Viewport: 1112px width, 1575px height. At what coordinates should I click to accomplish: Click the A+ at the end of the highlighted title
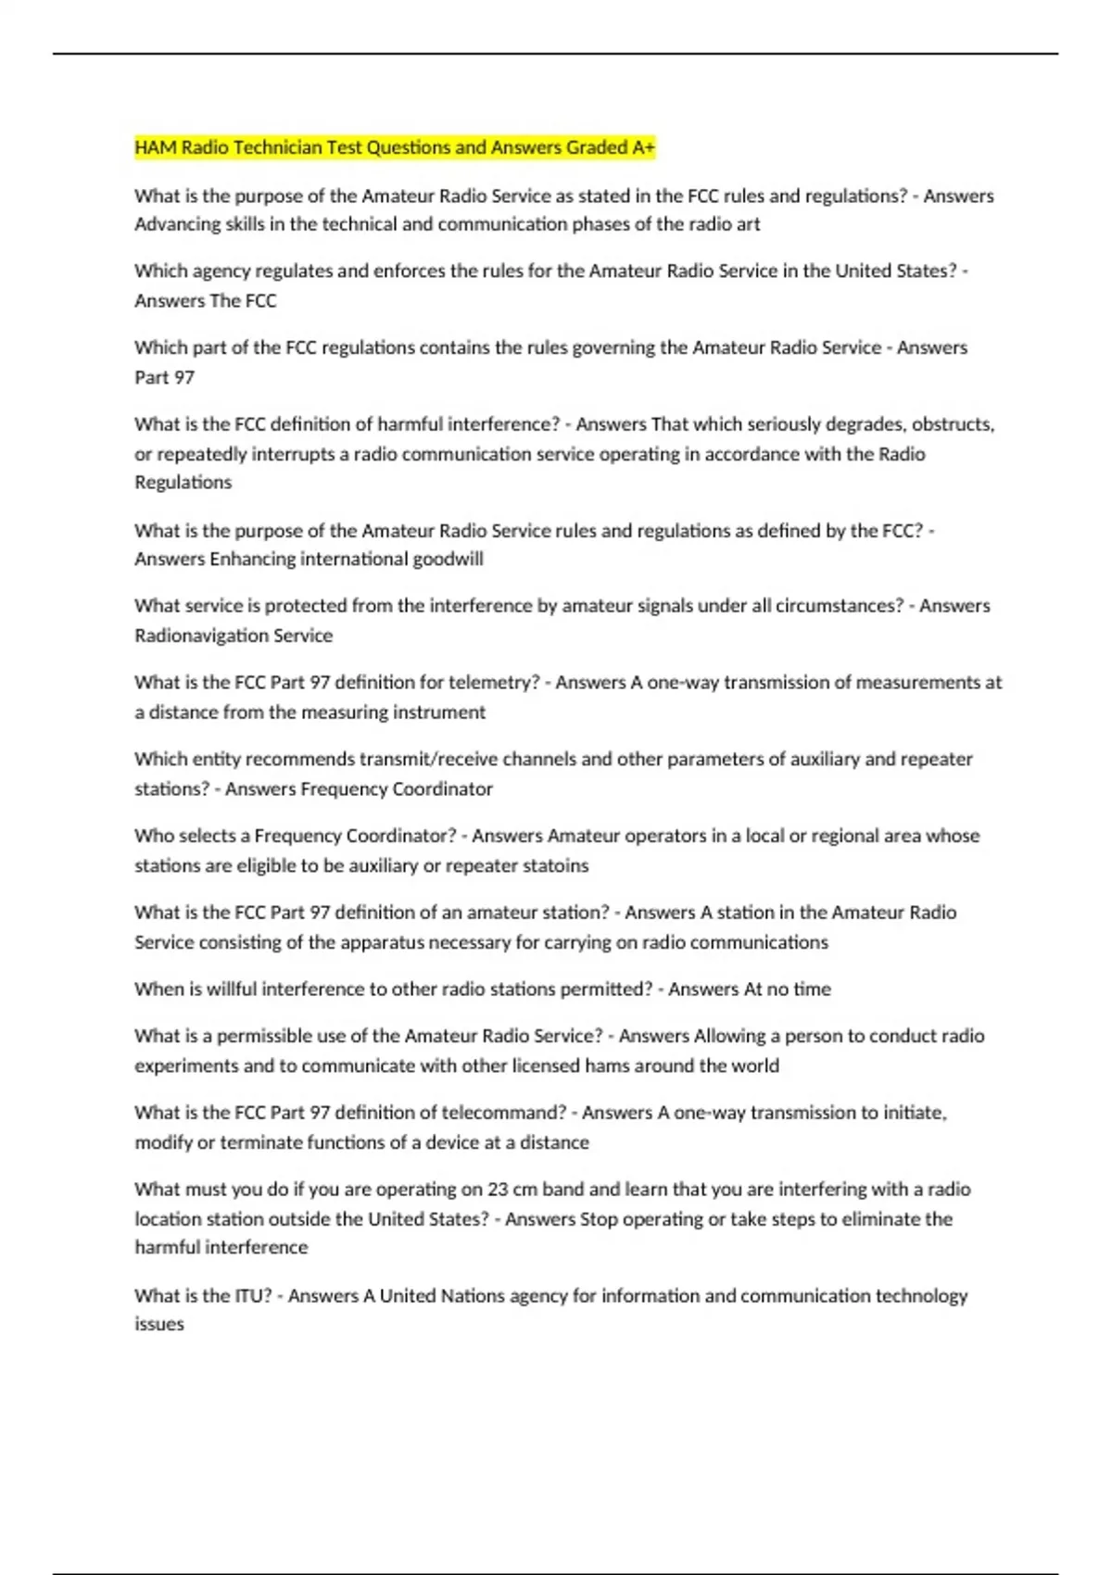click(x=643, y=147)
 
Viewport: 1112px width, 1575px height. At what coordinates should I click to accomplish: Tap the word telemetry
click(x=493, y=683)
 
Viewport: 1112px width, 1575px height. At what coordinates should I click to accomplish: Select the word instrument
click(x=439, y=712)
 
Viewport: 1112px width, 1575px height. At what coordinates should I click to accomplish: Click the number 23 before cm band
click(x=498, y=1189)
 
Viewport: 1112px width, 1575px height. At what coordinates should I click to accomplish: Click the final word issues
click(x=159, y=1325)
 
